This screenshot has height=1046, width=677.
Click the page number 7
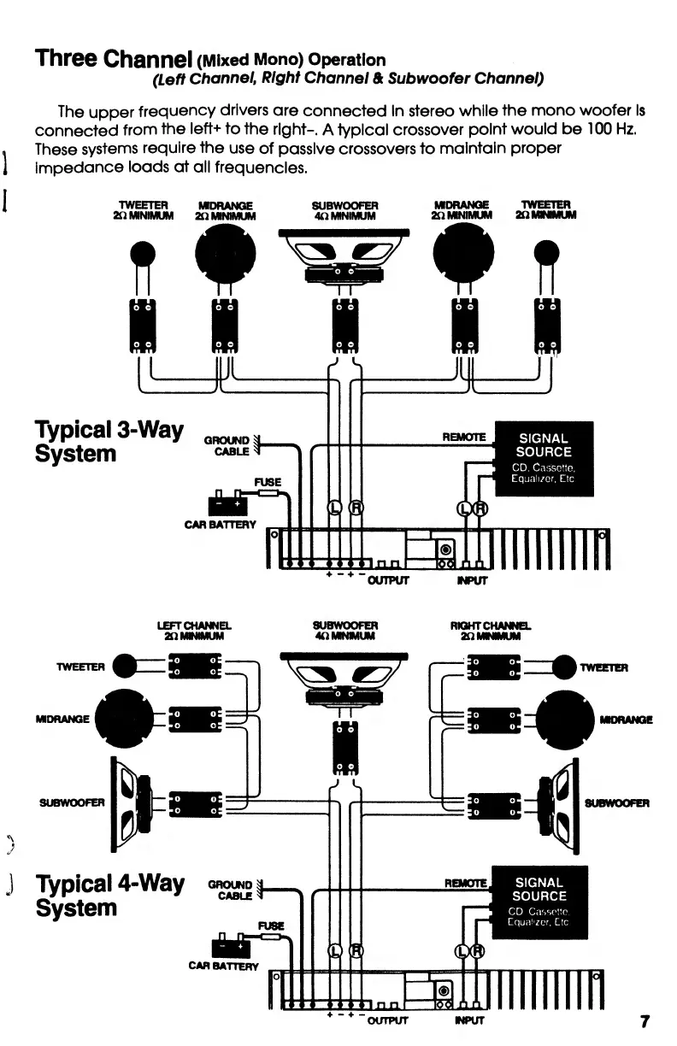click(645, 1021)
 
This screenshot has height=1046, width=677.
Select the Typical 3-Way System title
click(109, 440)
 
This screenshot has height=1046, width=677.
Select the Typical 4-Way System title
click(109, 895)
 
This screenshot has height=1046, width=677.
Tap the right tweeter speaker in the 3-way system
click(546, 252)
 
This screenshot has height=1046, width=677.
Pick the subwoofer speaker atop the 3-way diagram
click(344, 255)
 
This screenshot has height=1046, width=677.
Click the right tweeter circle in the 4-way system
click(565, 666)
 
